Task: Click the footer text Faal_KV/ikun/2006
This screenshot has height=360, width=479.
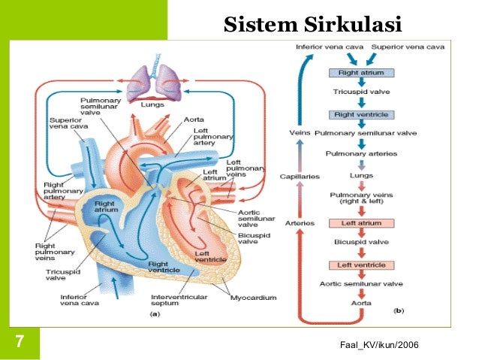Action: [379, 343]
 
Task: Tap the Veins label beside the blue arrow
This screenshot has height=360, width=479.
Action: [300, 133]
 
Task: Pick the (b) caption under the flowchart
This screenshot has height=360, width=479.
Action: [399, 310]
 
